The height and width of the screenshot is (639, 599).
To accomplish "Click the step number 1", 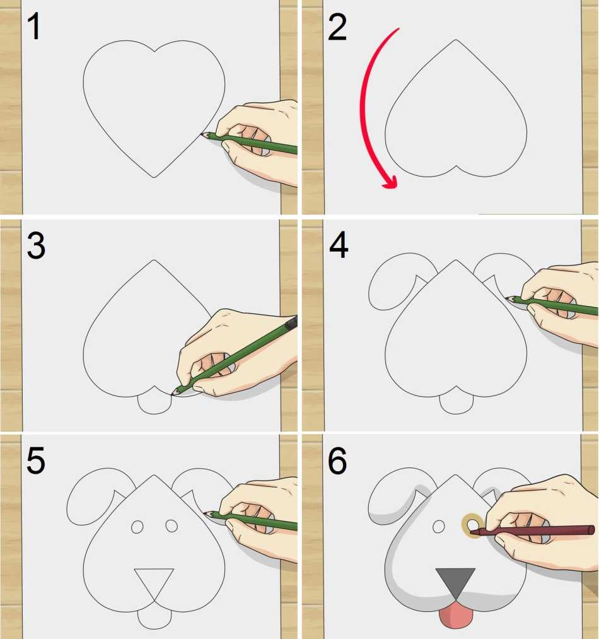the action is [x=34, y=26].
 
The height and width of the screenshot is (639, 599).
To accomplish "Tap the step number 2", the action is [x=337, y=27].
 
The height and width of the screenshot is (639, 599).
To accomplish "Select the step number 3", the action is [x=36, y=246].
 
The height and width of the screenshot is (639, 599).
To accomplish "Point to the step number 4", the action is [x=339, y=245].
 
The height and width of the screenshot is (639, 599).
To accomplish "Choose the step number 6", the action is [x=337, y=460].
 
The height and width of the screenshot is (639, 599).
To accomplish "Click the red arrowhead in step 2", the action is [x=389, y=182].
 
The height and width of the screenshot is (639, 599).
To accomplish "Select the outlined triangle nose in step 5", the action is [x=154, y=583].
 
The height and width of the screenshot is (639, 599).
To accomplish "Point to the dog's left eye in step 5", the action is [x=137, y=527].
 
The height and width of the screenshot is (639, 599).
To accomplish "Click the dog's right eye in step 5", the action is [x=172, y=525].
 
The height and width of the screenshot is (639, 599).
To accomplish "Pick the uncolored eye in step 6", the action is [x=438, y=527].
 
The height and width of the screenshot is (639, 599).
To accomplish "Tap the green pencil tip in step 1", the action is [x=204, y=134].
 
